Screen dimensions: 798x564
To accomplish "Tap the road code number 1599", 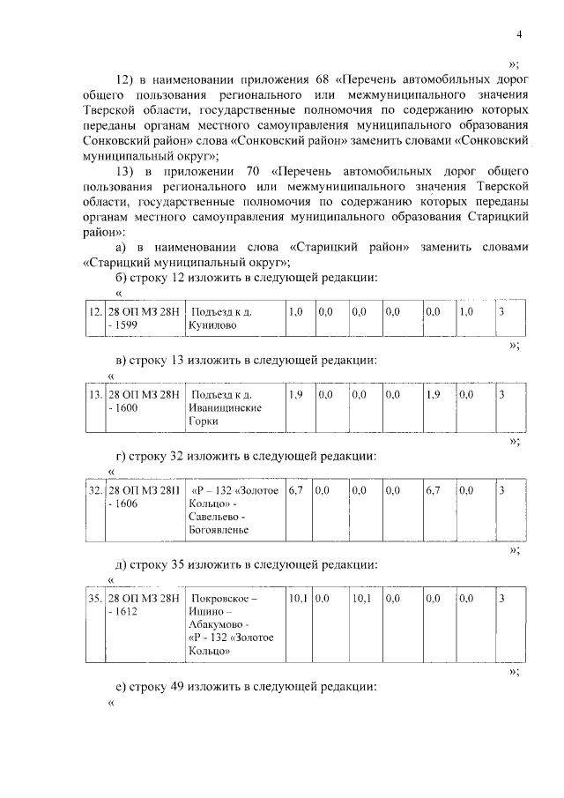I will point(129,325).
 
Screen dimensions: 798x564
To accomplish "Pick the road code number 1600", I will point(129,408).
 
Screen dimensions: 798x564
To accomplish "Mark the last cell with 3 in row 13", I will point(501,394).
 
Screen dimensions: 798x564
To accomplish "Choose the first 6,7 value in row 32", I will point(296,489).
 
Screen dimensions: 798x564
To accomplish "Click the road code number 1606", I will point(129,503).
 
